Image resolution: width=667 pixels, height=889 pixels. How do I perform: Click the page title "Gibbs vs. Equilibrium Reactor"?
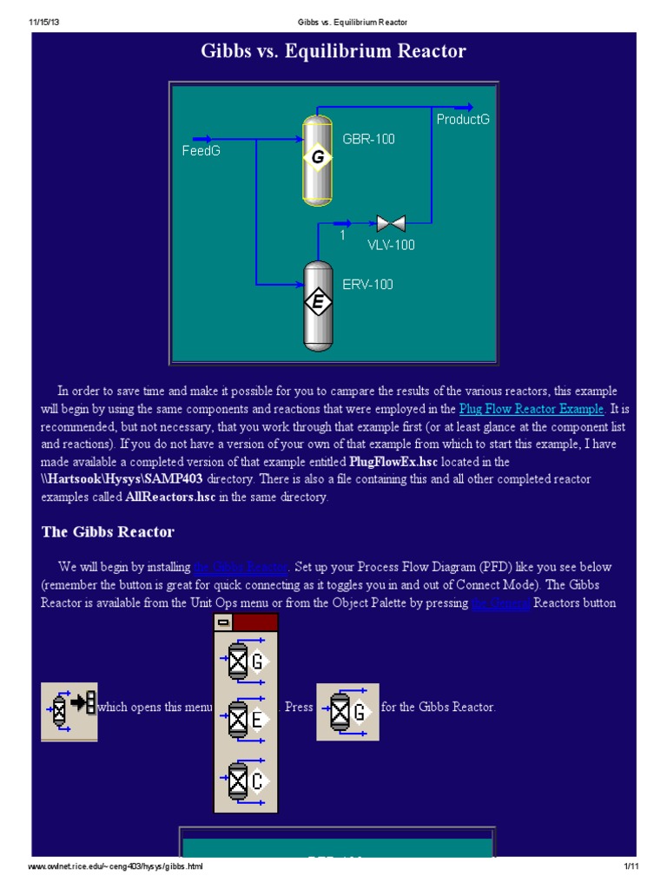[x=333, y=51]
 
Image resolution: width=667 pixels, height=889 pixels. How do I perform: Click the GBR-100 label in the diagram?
[x=368, y=139]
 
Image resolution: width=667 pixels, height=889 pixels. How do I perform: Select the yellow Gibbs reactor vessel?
[x=318, y=159]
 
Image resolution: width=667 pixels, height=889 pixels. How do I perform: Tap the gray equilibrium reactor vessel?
[x=318, y=304]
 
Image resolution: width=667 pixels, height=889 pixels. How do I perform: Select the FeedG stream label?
[x=201, y=151]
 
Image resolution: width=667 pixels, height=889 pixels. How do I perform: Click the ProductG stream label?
[x=463, y=119]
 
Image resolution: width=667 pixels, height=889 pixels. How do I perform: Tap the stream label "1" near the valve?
[x=342, y=235]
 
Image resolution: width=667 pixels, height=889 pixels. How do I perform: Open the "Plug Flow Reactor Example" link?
[x=531, y=408]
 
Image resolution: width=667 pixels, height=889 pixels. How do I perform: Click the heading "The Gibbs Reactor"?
[x=108, y=532]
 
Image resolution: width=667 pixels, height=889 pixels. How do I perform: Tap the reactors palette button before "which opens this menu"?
[x=69, y=711]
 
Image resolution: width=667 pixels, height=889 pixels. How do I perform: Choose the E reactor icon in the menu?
[x=246, y=718]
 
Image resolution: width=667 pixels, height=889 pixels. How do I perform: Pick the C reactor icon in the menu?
[x=246, y=781]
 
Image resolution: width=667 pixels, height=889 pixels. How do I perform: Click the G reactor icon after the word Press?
[x=347, y=712]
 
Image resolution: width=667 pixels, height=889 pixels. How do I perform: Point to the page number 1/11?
[x=630, y=867]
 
